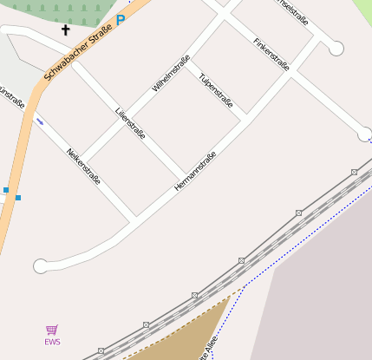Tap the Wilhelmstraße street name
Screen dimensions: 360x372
[x=171, y=74]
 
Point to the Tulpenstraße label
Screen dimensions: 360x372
[x=215, y=91]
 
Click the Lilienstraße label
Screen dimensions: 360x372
[x=130, y=123]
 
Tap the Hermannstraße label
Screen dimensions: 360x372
[x=195, y=171]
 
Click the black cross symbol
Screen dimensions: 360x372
[x=65, y=30]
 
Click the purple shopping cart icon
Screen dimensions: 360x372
[x=52, y=330]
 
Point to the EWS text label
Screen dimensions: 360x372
[x=53, y=342]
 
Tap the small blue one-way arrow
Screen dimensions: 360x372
[x=39, y=121]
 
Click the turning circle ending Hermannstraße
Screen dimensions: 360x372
[x=40, y=266]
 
